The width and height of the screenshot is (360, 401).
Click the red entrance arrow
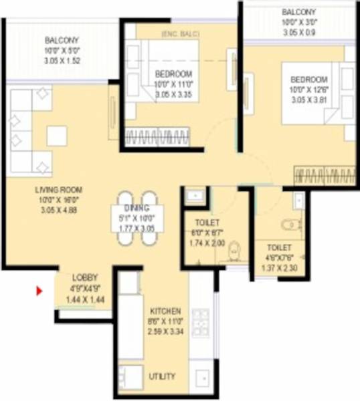39,291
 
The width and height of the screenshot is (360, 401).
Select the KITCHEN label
164,312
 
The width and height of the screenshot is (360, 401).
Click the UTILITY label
163,376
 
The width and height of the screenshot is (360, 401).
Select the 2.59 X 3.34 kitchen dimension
164,331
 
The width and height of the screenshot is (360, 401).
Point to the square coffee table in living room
57,136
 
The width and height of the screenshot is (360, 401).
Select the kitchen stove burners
199,323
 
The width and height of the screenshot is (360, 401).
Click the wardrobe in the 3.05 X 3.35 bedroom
157,138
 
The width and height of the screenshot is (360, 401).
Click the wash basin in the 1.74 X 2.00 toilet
195,196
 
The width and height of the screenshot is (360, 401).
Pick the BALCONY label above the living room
62,40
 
